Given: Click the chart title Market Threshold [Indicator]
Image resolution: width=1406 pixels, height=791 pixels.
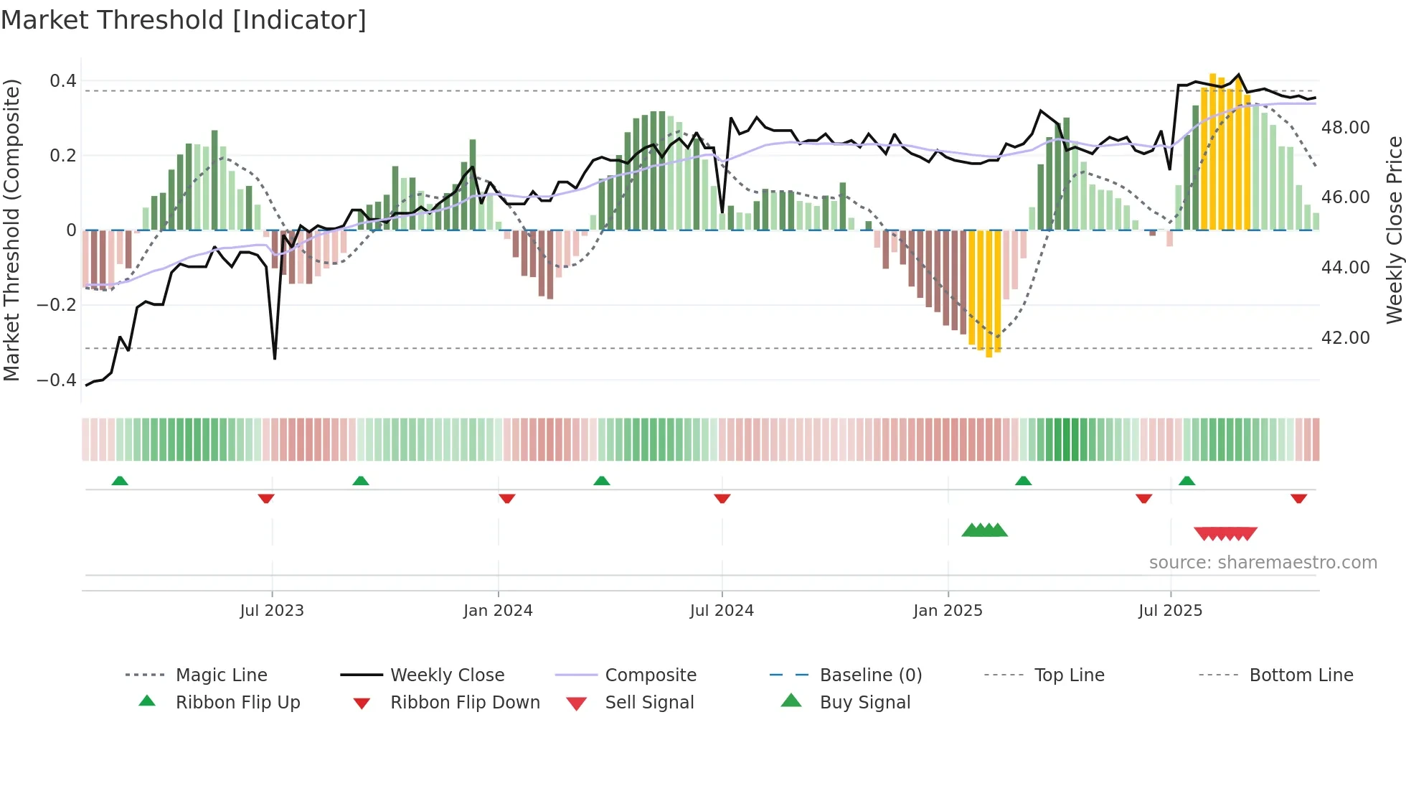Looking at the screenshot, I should [184, 20].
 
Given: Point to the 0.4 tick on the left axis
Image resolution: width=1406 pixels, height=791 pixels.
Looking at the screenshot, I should [62, 81].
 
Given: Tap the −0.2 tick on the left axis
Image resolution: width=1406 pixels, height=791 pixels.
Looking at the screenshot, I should [56, 305].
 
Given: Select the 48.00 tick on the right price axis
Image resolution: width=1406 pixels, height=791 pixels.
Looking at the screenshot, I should [1345, 128].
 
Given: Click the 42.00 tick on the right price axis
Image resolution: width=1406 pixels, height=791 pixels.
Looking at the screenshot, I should [1345, 337].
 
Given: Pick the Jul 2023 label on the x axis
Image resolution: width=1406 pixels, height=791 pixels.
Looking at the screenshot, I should [272, 611].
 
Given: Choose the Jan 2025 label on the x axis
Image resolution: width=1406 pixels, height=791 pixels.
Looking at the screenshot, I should [948, 611].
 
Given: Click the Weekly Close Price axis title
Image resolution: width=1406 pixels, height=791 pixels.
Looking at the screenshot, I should [1394, 230].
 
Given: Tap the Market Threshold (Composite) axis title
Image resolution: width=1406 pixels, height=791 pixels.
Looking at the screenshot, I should [11, 230].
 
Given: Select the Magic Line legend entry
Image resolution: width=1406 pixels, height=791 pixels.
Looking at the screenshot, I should [221, 675].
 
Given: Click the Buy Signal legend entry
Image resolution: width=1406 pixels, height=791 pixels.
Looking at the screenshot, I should [864, 703].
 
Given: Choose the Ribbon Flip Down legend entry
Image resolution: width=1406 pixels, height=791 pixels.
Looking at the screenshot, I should [465, 703].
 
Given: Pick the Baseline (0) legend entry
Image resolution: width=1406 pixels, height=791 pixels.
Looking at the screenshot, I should [870, 675].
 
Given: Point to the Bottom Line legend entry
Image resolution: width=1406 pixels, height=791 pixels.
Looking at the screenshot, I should [1301, 675].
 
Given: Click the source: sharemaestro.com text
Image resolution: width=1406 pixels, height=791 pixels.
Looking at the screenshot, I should [1263, 563].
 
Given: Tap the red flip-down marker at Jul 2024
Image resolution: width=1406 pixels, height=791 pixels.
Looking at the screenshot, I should [722, 498].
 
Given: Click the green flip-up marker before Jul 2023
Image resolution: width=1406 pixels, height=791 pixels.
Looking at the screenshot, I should [120, 481].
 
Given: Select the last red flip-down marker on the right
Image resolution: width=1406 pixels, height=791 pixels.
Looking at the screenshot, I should [1298, 498].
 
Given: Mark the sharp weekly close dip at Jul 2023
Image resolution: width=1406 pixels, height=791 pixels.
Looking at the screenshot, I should [275, 357].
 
